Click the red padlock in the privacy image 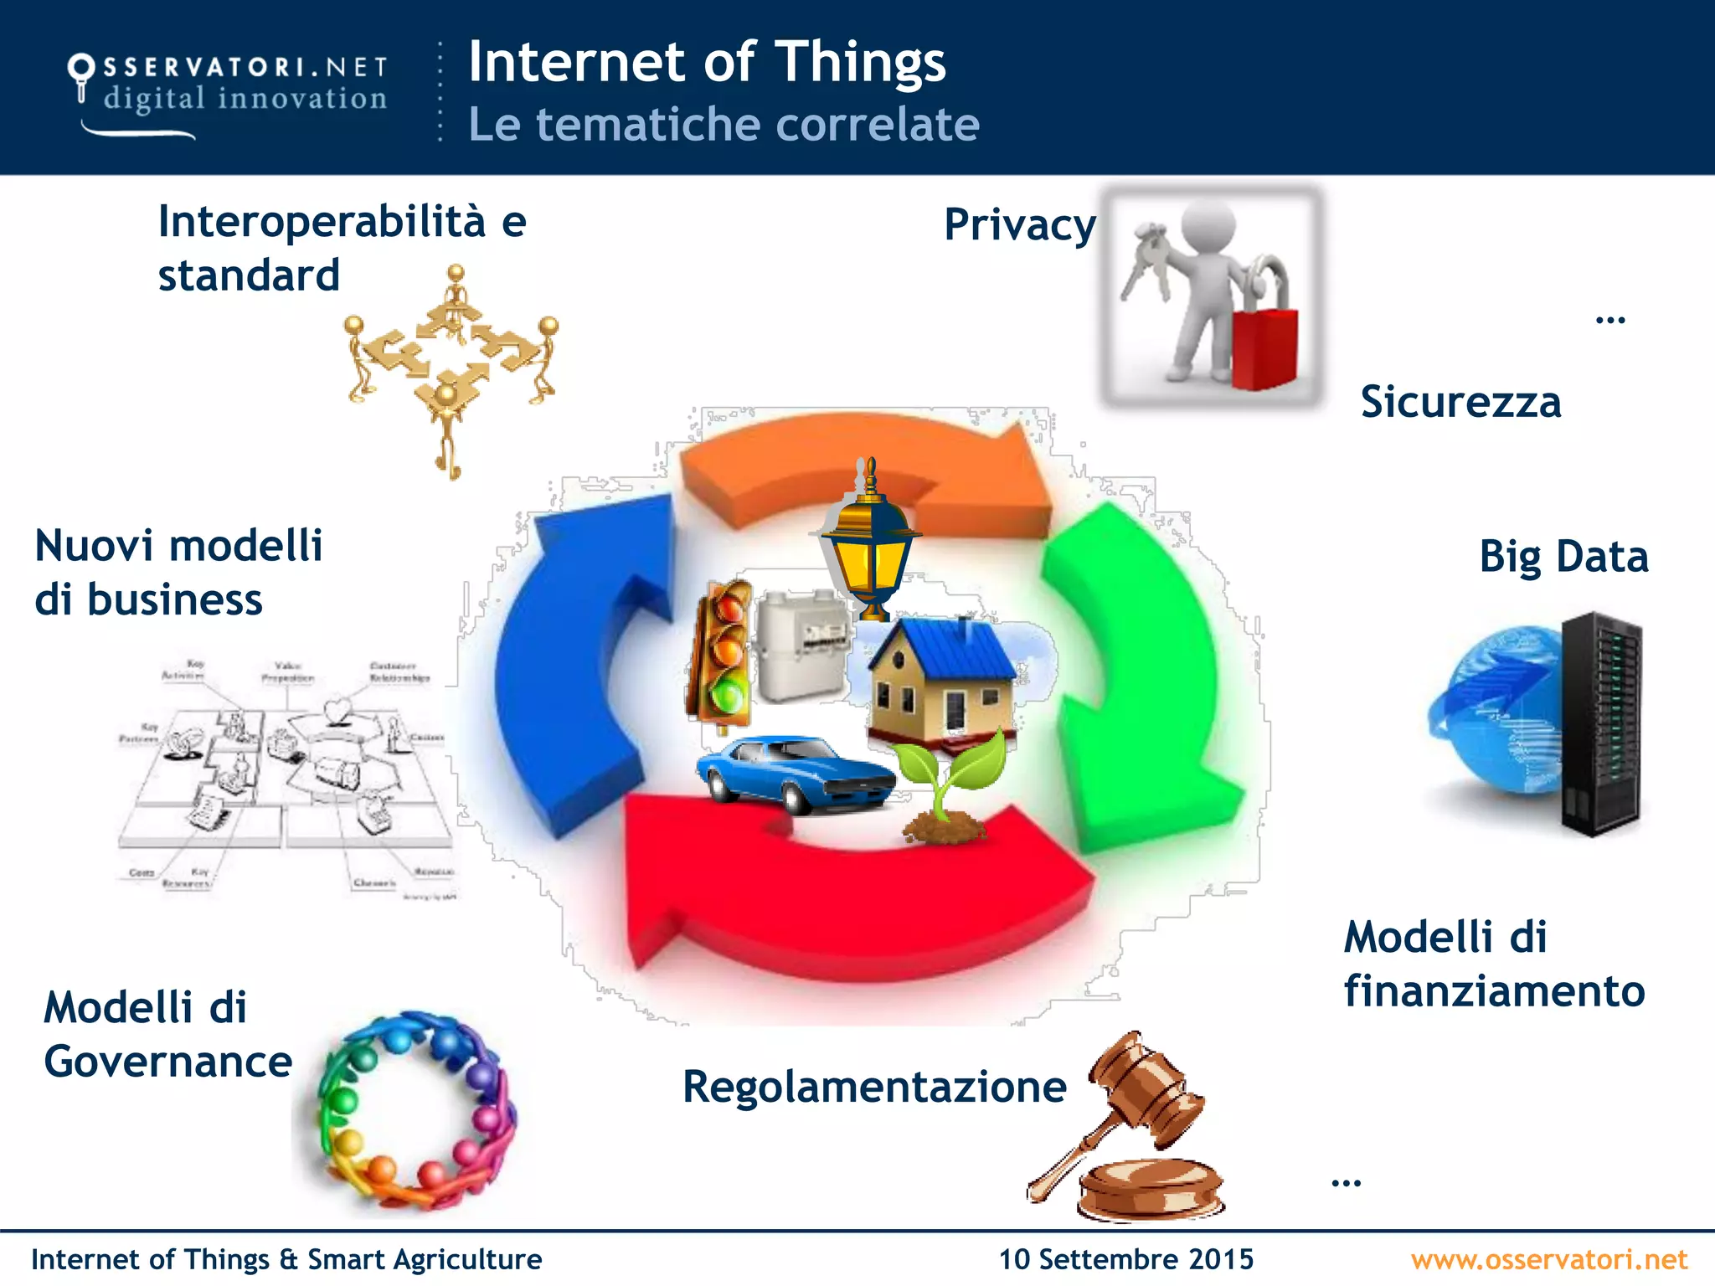coord(1264,347)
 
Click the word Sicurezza coord(1460,402)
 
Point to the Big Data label coord(1563,557)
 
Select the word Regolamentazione coord(874,1087)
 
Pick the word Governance coord(167,1062)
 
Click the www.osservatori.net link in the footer coord(1548,1259)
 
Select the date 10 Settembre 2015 coord(1125,1259)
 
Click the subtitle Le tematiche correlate coord(724,124)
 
